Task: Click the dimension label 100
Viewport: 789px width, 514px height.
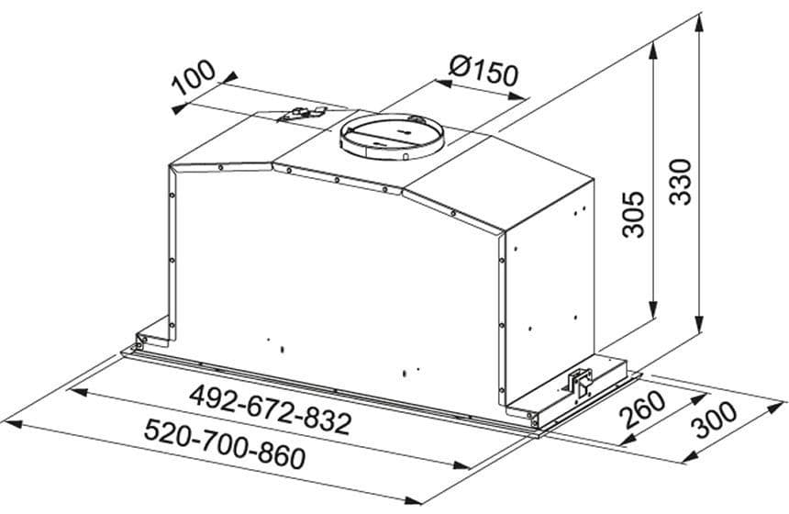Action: (194, 77)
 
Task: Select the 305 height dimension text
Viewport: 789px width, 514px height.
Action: (633, 214)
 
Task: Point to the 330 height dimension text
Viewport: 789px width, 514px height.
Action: (681, 181)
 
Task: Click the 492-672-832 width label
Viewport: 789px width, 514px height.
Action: (271, 409)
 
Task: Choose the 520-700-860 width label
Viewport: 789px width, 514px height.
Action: (225, 444)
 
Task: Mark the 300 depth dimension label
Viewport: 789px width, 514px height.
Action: (713, 420)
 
